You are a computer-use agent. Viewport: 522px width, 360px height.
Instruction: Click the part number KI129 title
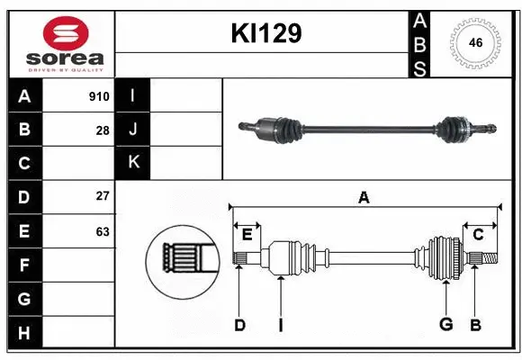(265, 34)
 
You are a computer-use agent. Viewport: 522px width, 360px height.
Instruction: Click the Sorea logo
(61, 41)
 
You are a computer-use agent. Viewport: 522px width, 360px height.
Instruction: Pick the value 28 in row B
(103, 130)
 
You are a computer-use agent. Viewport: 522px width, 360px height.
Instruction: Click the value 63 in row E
(103, 231)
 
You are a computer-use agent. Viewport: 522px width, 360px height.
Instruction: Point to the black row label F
(24, 265)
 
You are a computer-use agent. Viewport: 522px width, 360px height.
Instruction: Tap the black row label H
(24, 334)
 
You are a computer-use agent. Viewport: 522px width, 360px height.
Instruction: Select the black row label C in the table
(24, 163)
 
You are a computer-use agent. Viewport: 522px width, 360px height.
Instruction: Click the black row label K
(133, 163)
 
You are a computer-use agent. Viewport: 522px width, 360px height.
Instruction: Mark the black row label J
(133, 130)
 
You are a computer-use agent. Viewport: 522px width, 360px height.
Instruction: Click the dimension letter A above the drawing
(364, 198)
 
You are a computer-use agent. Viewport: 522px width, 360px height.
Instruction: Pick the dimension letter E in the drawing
(246, 235)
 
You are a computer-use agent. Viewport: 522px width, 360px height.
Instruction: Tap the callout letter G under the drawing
(445, 325)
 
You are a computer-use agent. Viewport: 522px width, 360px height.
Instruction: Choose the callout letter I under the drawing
(280, 325)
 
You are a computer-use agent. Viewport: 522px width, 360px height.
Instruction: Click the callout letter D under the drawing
(239, 325)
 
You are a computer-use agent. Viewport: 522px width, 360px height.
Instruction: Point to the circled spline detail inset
(183, 262)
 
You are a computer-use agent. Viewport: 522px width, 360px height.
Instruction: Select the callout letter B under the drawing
(476, 325)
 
